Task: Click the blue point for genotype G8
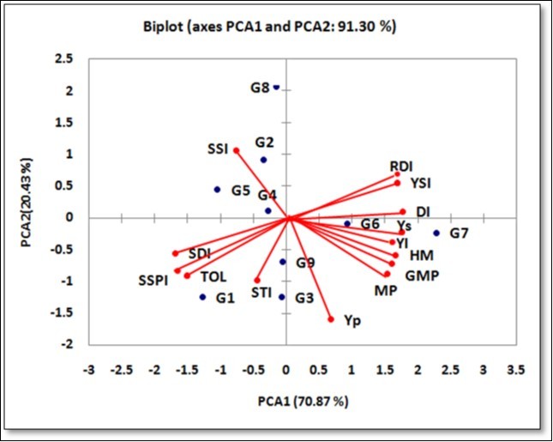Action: point(276,88)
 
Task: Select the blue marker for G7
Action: point(436,233)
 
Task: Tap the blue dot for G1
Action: point(203,297)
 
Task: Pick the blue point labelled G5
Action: point(217,190)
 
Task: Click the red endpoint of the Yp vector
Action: point(331,319)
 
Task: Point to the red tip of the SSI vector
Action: point(236,151)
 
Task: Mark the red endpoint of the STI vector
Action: point(257,281)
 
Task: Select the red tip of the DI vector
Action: point(402,212)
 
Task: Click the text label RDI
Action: point(401,167)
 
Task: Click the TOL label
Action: point(214,277)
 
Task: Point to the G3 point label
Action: point(304,299)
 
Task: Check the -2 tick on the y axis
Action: point(65,344)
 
